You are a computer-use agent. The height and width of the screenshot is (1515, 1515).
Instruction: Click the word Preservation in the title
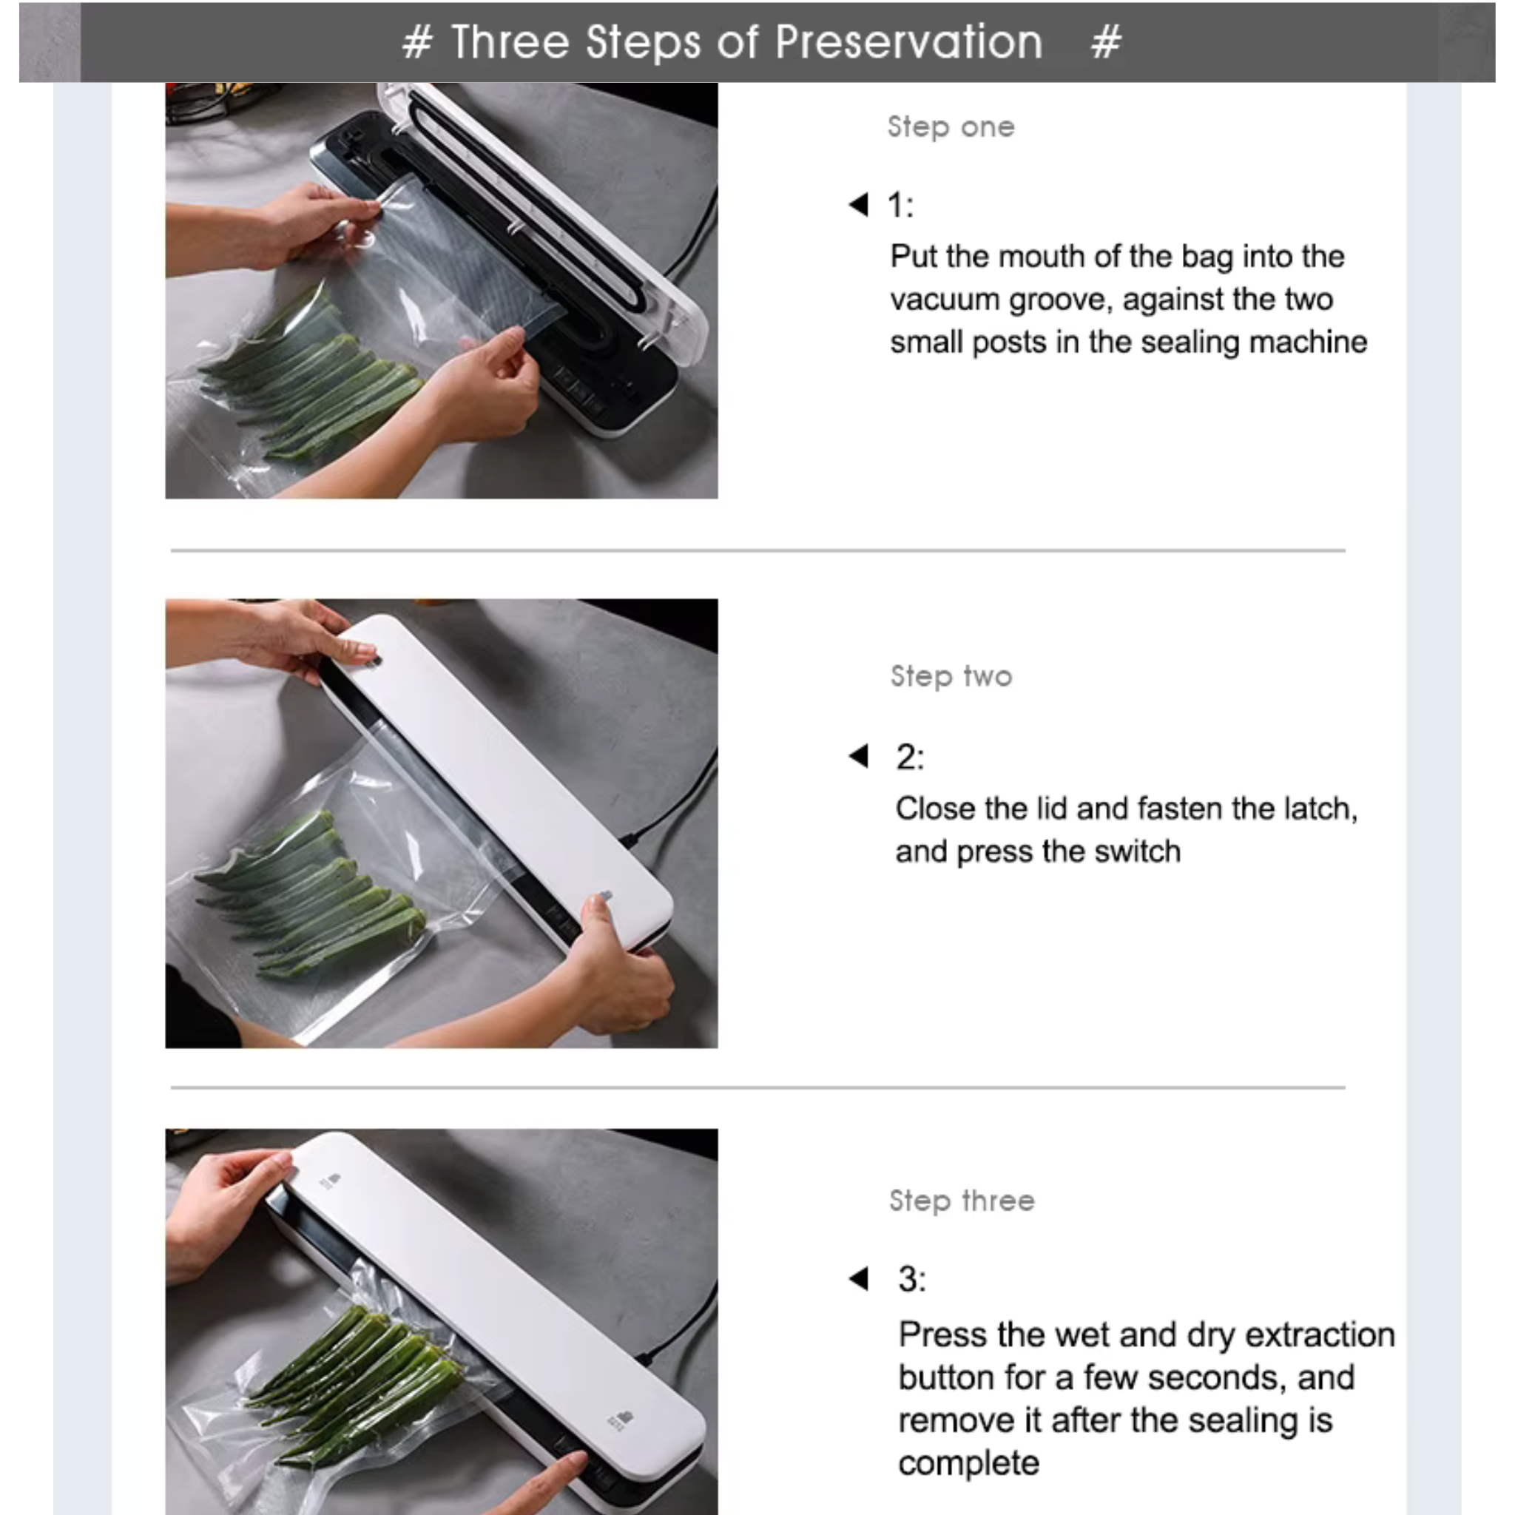pos(909,41)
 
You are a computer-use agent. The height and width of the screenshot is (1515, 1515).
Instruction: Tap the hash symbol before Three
pos(417,42)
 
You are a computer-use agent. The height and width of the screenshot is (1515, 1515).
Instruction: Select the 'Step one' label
pos(951,127)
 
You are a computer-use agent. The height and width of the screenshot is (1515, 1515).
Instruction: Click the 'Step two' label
pos(951,676)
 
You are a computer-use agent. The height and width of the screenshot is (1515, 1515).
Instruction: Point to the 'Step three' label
pos(962,1201)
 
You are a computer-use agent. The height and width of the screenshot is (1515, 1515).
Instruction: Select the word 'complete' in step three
pos(968,1463)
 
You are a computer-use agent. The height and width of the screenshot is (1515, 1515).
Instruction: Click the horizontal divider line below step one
pos(757,550)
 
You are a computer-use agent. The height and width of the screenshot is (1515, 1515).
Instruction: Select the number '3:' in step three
pos(912,1279)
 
